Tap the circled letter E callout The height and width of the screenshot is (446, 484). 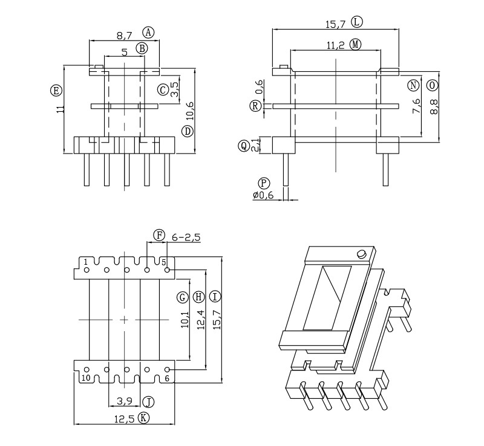point(55,91)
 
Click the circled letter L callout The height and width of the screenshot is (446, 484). point(357,22)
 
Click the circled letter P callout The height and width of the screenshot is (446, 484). point(263,183)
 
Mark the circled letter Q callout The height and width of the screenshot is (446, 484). point(244,145)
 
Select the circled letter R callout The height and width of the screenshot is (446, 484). point(256,106)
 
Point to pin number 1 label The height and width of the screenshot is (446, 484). point(87,262)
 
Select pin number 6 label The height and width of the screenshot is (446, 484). point(167,378)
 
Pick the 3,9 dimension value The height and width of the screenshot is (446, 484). point(125,401)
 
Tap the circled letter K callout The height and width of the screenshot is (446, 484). point(143,418)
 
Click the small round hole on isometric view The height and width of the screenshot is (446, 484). point(362,253)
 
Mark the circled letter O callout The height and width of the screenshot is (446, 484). point(431,85)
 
